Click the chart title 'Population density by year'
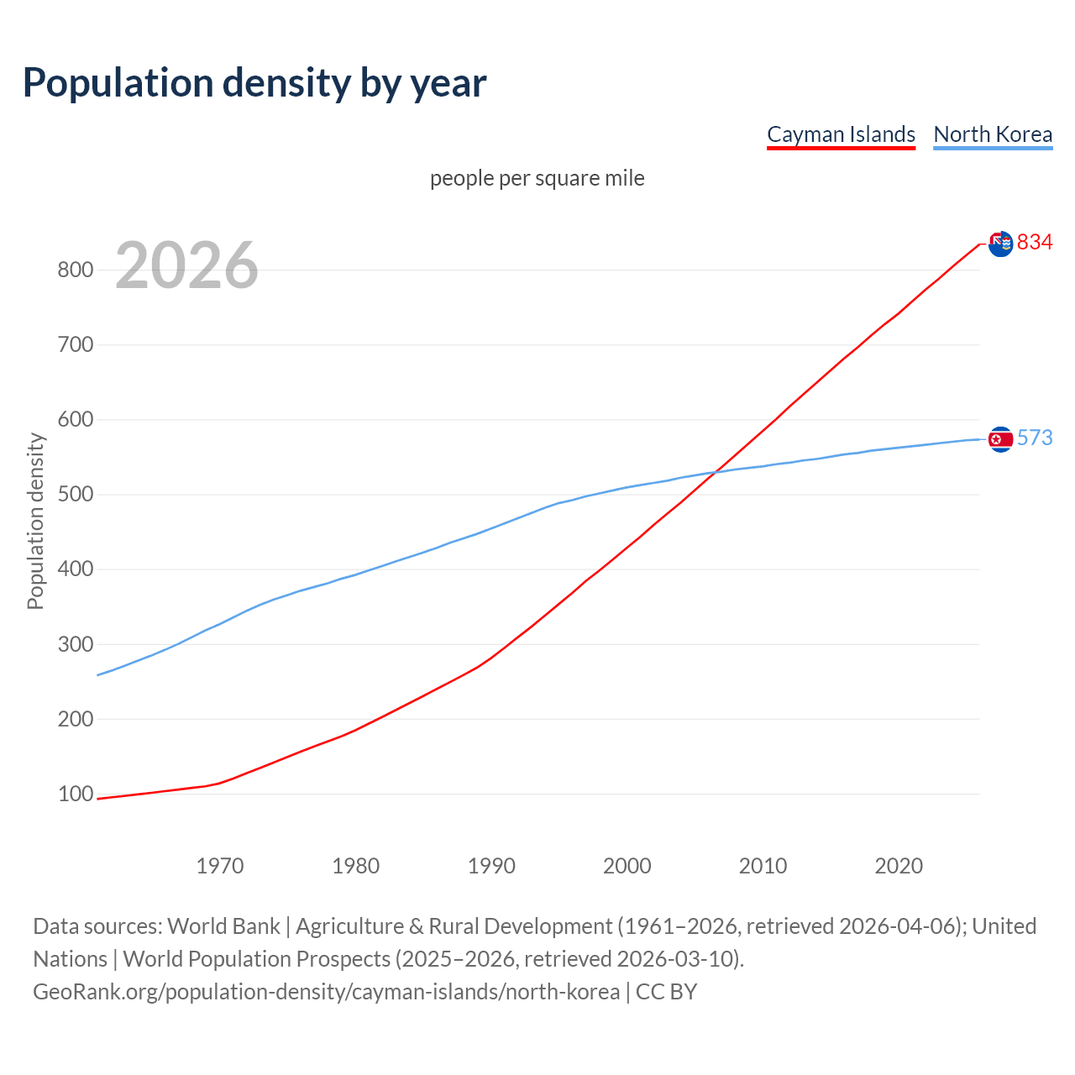pyautogui.click(x=254, y=83)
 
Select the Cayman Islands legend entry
pyautogui.click(x=841, y=134)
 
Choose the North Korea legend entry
pyautogui.click(x=993, y=134)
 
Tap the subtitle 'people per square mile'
pyautogui.click(x=537, y=179)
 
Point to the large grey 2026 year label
pyautogui.click(x=186, y=265)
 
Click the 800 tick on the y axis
pyautogui.click(x=75, y=270)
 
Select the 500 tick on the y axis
pyautogui.click(x=75, y=495)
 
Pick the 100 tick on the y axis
pyautogui.click(x=75, y=794)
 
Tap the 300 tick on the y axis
pyautogui.click(x=75, y=645)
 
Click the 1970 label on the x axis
pyautogui.click(x=220, y=866)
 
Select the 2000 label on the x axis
pyautogui.click(x=627, y=866)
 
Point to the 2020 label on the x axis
pyautogui.click(x=899, y=866)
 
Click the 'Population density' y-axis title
pyautogui.click(x=35, y=521)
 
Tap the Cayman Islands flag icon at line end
pyautogui.click(x=1000, y=244)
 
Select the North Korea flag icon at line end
pyautogui.click(x=1000, y=439)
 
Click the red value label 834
pyautogui.click(x=1035, y=243)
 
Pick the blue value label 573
pyautogui.click(x=1035, y=438)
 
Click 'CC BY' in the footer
pyautogui.click(x=666, y=992)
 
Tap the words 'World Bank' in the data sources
pyautogui.click(x=223, y=926)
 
